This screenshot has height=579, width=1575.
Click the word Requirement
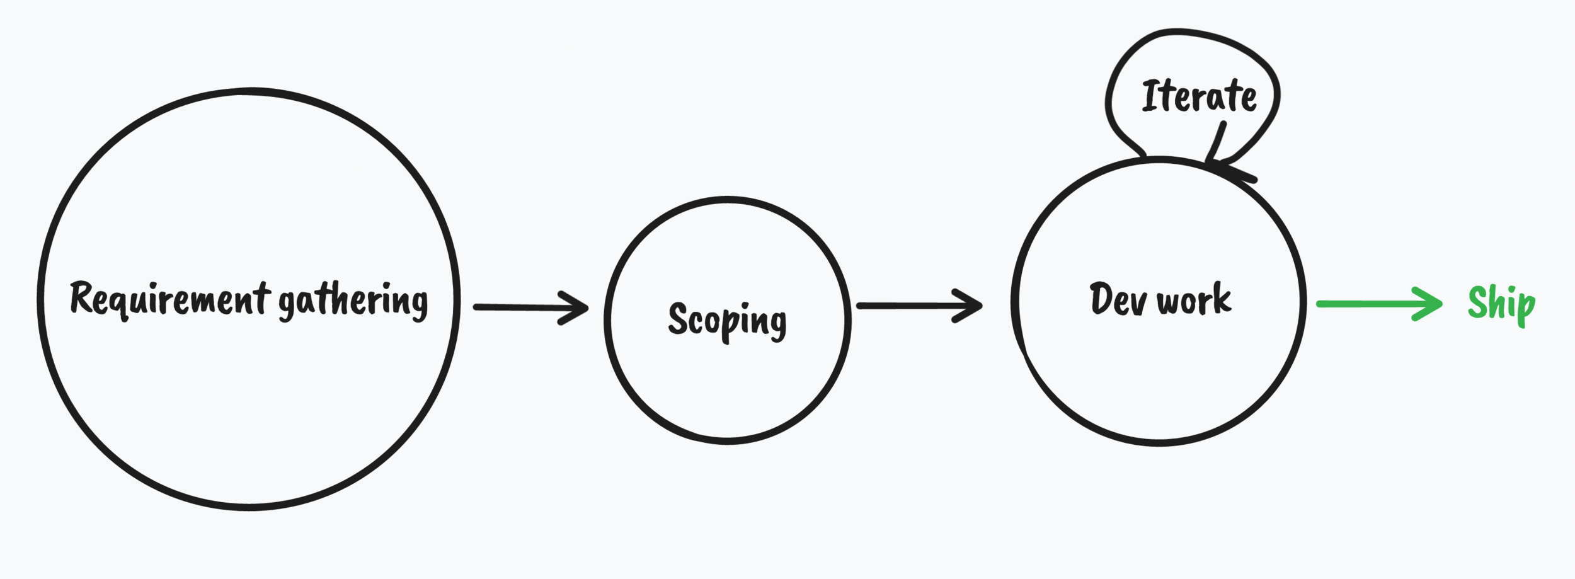(x=170, y=298)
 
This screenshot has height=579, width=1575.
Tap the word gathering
(x=353, y=301)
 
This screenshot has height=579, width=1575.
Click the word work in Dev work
(x=1194, y=299)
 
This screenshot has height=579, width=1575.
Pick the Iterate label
(x=1199, y=96)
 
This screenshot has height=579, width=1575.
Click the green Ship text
(x=1501, y=304)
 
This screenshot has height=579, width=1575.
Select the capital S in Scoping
(x=678, y=318)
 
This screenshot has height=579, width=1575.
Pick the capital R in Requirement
(x=81, y=297)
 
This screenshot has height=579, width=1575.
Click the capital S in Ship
(x=1478, y=302)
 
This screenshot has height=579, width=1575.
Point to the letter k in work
(x=1222, y=297)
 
